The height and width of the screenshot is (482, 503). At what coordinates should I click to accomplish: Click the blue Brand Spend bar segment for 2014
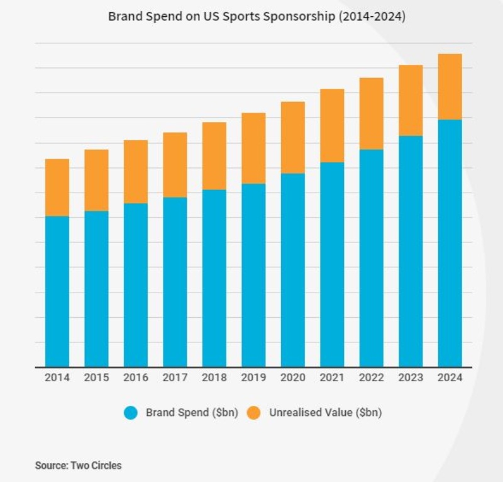tap(57, 291)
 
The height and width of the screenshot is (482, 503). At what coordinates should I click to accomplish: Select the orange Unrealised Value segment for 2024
tap(450, 87)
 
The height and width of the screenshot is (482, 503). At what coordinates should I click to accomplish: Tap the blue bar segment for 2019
tap(253, 275)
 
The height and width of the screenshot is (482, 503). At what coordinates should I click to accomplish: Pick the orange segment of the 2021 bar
tap(332, 126)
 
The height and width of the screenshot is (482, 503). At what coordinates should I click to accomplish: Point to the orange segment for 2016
tap(136, 172)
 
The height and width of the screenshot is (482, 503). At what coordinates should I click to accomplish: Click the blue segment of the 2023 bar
tap(411, 251)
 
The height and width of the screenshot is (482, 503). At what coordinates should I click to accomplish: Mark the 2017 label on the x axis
tap(175, 378)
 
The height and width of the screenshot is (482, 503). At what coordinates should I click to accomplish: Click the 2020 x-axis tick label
tap(293, 378)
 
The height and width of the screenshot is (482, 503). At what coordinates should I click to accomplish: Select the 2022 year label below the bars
tap(372, 378)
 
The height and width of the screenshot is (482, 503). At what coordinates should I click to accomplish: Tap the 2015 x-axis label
tap(96, 378)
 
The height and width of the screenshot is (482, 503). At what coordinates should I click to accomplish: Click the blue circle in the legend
tap(131, 413)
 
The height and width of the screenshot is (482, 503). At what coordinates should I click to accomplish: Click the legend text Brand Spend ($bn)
tap(192, 413)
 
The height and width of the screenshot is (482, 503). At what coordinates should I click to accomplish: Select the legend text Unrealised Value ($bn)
tap(326, 413)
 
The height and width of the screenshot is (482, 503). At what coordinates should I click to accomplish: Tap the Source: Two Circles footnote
tap(78, 466)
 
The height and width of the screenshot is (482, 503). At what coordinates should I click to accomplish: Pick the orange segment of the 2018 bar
tap(214, 156)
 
